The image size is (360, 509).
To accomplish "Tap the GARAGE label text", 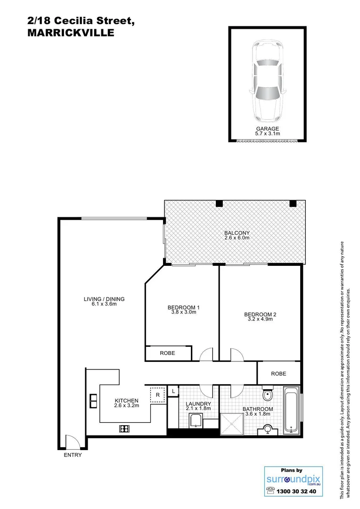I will pyautogui.click(x=267, y=129).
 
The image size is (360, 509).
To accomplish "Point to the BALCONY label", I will pyautogui.click(x=237, y=233).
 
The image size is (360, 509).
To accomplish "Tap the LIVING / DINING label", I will pyautogui.click(x=104, y=299).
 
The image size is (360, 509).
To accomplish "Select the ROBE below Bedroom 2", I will pyautogui.click(x=278, y=373).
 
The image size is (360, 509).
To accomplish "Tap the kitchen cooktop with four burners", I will pyautogui.click(x=125, y=428).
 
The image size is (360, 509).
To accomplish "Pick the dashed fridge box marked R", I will pyautogui.click(x=157, y=394).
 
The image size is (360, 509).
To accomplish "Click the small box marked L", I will pyautogui.click(x=173, y=391).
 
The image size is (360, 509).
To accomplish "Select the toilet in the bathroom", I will pyautogui.click(x=267, y=394).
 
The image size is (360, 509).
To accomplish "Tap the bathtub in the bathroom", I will pyautogui.click(x=292, y=410).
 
